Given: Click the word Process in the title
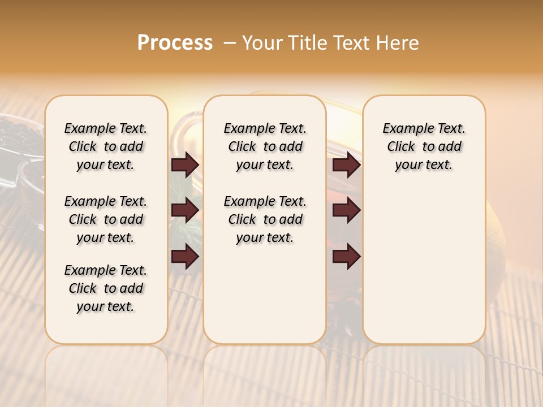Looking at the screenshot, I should [175, 42].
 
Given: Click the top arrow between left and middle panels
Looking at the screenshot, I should [185, 164].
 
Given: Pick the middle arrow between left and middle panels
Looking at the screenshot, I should [185, 210].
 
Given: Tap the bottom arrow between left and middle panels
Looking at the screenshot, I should [185, 257].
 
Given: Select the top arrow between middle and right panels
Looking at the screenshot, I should [346, 164].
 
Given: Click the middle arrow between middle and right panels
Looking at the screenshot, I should [346, 210].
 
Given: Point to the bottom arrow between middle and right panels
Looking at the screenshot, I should [346, 257].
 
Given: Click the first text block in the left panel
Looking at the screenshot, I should [106, 146].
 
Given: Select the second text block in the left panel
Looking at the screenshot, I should [106, 219].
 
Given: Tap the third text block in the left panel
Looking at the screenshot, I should [106, 288].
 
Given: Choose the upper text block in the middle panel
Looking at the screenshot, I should [265, 146].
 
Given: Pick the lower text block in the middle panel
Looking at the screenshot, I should [265, 219].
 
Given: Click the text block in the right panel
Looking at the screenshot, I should [424, 146].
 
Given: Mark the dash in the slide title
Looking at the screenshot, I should [230, 42].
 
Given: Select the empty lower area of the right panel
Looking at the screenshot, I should [424, 266].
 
